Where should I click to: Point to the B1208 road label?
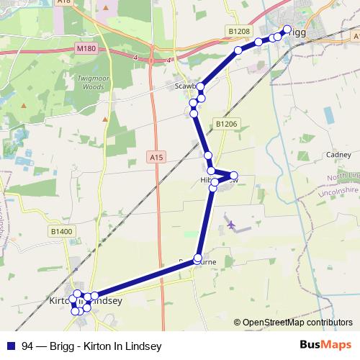click(x=240, y=32)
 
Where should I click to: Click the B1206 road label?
click(x=225, y=124)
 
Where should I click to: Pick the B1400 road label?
click(x=62, y=231)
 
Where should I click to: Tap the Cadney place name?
click(x=338, y=154)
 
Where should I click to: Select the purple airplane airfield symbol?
click(x=231, y=225)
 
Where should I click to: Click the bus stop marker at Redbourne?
click(x=198, y=257)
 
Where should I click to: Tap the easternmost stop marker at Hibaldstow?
click(x=233, y=175)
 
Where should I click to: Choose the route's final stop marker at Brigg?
click(x=287, y=30)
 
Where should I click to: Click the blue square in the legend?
click(x=11, y=346)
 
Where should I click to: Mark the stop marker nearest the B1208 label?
click(x=238, y=50)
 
